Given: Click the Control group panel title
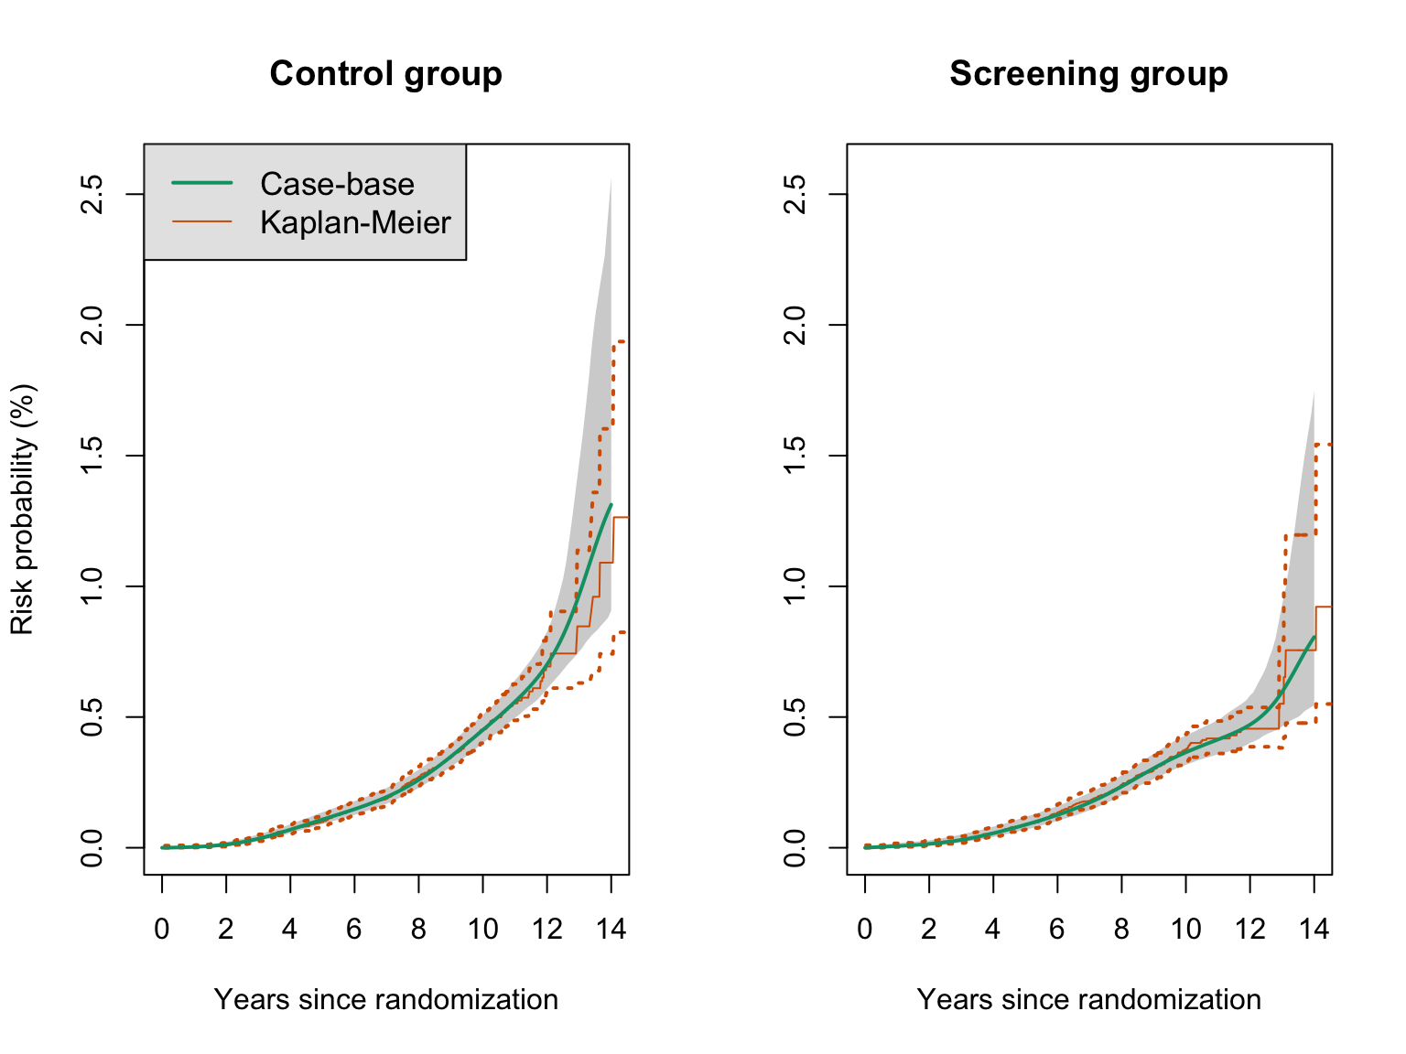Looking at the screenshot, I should pos(385,74).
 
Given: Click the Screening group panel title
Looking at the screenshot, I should pos(1088,74).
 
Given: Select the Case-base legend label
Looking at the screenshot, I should pos(337,184).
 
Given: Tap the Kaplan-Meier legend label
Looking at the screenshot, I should pos(355,222).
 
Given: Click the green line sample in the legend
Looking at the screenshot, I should pos(202,183).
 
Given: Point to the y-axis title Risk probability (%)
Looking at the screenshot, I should pos(22,509).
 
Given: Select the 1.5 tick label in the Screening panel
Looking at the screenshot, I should pos(795,456).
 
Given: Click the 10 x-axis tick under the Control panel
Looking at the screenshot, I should pos(482,930).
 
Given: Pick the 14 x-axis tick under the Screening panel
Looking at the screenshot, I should pos(1314,930).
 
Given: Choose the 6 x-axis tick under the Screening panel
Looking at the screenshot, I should pos(1057,930).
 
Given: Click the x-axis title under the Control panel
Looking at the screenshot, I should pos(385,999).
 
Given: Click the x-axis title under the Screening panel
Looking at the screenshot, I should pos(1088,999).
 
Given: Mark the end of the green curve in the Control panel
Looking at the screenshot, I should pos(611,504).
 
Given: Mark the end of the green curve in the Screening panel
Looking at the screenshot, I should pos(1314,637).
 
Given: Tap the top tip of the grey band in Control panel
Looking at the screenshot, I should pos(611,179).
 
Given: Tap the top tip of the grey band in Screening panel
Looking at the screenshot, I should pos(1314,393).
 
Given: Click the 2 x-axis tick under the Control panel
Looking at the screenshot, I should pos(226,930).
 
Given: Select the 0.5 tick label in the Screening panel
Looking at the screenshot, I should pos(795,716).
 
